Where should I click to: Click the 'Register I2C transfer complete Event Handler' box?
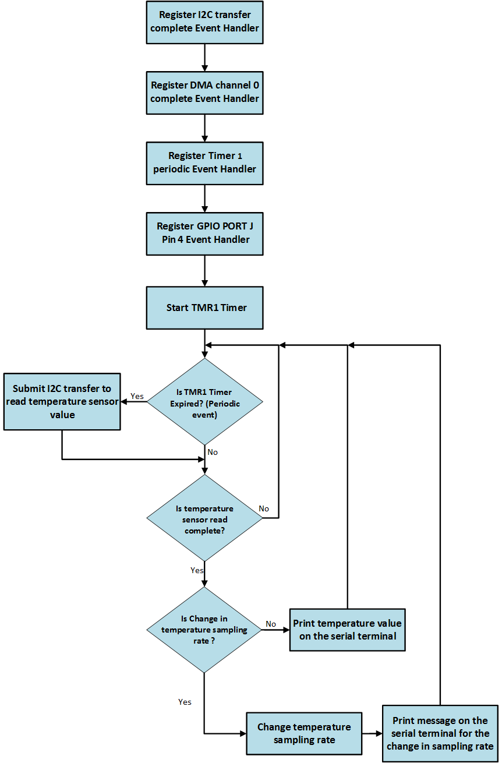pyautogui.click(x=204, y=22)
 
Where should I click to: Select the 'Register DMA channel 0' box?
pyautogui.click(x=204, y=92)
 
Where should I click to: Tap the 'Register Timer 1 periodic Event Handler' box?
pyautogui.click(x=204, y=163)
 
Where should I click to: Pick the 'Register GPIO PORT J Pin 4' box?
pyautogui.click(x=204, y=233)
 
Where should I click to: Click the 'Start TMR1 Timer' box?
pyautogui.click(x=204, y=308)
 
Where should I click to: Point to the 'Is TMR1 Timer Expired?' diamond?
pyautogui.click(x=204, y=402)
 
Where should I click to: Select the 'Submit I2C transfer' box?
pyautogui.click(x=62, y=402)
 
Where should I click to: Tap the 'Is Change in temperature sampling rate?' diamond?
pyautogui.click(x=204, y=630)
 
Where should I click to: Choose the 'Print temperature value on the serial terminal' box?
pyautogui.click(x=347, y=630)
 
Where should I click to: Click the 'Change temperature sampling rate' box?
pyautogui.click(x=304, y=734)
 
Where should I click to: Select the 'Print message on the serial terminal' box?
pyautogui.click(x=440, y=733)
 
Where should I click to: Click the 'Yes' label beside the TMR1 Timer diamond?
pyautogui.click(x=137, y=396)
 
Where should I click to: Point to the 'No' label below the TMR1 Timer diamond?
pyautogui.click(x=213, y=452)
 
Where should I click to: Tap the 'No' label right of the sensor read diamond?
pyautogui.click(x=264, y=508)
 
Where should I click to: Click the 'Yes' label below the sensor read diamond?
pyautogui.click(x=197, y=570)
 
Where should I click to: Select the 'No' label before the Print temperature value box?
pyautogui.click(x=271, y=624)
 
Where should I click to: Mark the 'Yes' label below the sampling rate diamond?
pyautogui.click(x=185, y=702)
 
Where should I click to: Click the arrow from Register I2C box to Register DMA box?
pyautogui.click(x=204, y=57)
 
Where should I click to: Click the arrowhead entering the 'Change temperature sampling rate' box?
pyautogui.click(x=242, y=734)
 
